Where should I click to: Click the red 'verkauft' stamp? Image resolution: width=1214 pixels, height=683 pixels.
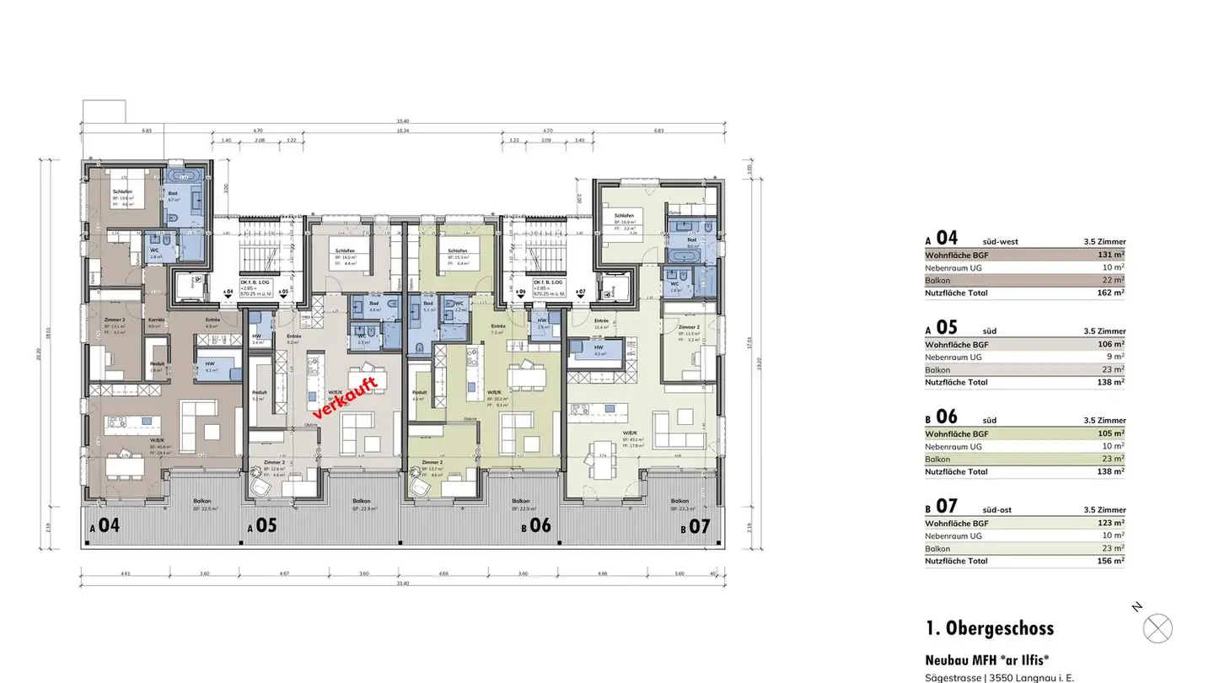point(345,397)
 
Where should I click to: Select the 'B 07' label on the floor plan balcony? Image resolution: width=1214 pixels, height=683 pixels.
point(696,527)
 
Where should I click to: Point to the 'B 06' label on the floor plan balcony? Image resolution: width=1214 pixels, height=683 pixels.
point(536,526)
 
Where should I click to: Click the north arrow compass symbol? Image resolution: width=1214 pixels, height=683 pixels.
point(1158,628)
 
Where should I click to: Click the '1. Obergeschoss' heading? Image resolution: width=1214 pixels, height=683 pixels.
point(989,628)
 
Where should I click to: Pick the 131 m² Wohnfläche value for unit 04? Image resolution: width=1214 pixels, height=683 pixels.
point(1112,255)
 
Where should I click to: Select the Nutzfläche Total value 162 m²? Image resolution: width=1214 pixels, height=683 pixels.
point(1110,293)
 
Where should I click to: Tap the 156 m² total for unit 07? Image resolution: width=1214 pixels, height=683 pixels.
point(1110,562)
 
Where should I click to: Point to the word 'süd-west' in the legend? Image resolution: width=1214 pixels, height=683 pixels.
point(1000,242)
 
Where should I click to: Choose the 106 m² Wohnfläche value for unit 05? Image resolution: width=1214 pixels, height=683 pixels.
point(1111,344)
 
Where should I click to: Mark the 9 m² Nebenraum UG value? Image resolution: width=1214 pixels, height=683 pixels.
point(1116,357)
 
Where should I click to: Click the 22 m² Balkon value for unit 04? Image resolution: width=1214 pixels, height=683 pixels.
point(1114,281)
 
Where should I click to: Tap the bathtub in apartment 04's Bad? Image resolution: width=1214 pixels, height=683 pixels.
point(185,177)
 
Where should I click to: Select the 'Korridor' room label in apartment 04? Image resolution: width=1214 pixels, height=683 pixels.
point(157,320)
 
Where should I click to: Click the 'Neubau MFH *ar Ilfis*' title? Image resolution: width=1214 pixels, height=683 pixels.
point(987,660)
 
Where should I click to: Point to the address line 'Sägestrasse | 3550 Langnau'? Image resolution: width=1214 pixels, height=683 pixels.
point(999,677)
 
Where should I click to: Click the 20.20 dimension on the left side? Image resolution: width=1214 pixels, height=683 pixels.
point(39,354)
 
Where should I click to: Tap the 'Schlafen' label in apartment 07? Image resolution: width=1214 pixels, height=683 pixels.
point(625,216)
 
